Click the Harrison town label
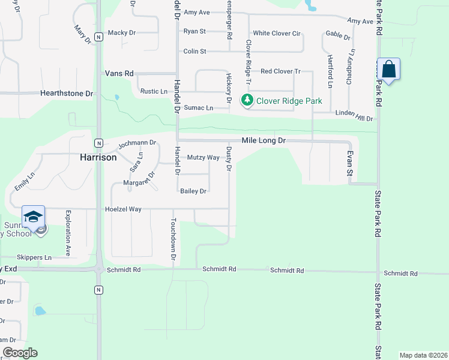click(x=98, y=157)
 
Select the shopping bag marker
click(x=389, y=70)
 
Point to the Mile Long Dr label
click(x=264, y=140)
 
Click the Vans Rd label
click(x=119, y=73)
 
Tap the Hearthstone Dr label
click(x=67, y=94)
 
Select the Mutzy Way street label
click(x=203, y=158)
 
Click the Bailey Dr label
click(x=193, y=191)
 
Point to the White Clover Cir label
click(x=276, y=34)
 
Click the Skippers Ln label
click(x=34, y=257)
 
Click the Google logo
click(x=20, y=353)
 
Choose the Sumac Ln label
click(x=198, y=108)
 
